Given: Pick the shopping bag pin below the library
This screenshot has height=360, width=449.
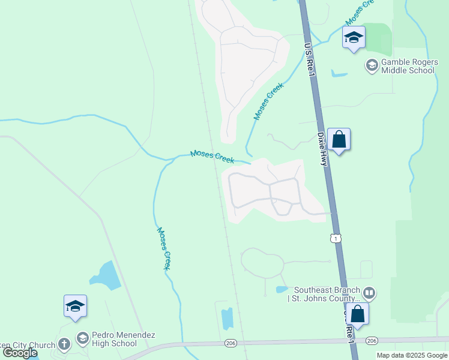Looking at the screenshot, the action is [x=358, y=314].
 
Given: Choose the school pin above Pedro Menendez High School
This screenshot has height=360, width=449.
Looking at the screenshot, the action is [x=76, y=306].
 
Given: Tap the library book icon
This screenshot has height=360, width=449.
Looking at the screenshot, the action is [x=369, y=293].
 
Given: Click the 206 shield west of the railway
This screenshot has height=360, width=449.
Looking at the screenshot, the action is [x=231, y=343].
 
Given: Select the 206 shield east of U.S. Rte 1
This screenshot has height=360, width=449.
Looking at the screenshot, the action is [x=372, y=341].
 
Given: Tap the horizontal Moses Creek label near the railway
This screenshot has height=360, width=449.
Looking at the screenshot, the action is [x=212, y=157].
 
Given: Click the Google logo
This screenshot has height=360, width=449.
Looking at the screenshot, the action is [x=20, y=353].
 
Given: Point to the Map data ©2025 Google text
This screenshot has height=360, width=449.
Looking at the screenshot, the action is [x=412, y=355].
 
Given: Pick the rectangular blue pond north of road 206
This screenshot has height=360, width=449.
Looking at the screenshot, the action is [x=228, y=319].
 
